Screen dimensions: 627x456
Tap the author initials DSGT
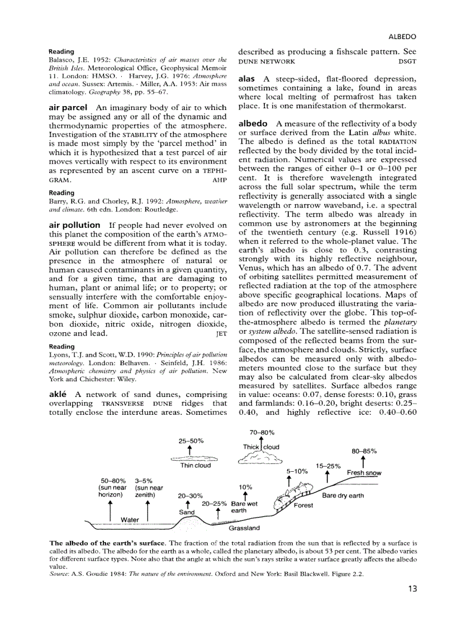(x=407, y=61)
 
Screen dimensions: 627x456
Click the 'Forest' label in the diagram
(x=304, y=506)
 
